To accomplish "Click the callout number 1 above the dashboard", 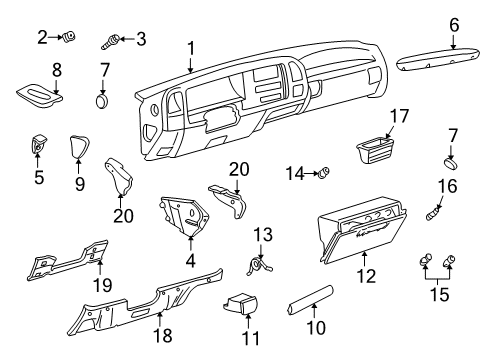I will tap(190, 47).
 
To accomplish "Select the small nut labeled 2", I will tap(71, 39).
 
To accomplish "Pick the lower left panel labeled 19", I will tap(70, 262).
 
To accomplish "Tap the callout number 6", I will tap(453, 25).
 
